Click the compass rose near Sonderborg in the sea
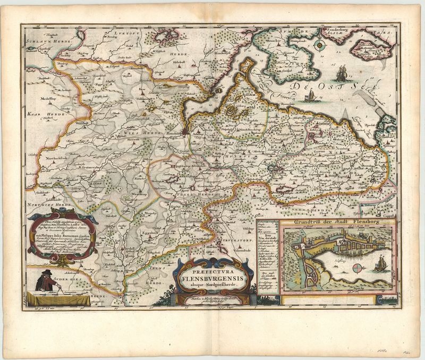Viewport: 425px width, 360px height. [320, 46]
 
